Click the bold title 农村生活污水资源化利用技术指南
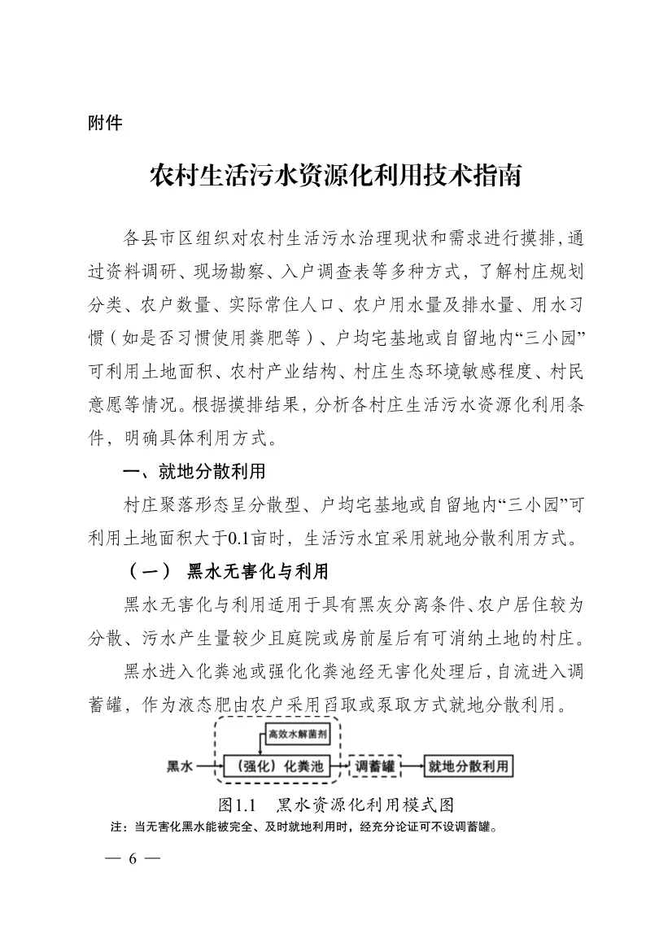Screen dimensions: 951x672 click(335, 176)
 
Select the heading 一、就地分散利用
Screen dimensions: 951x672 click(193, 473)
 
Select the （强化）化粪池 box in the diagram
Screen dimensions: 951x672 click(276, 766)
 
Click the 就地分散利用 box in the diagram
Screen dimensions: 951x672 click(468, 766)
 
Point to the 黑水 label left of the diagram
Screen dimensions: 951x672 click(180, 766)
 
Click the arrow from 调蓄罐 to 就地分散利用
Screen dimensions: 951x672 click(412, 766)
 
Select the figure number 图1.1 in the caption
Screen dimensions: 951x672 click(238, 805)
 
